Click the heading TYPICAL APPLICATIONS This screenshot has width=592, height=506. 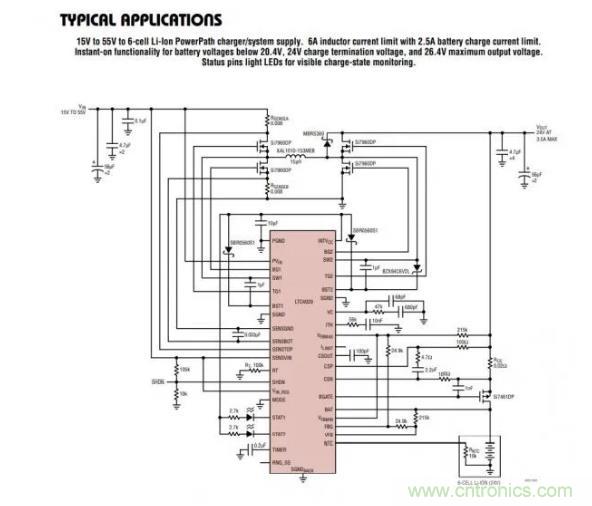click(140, 19)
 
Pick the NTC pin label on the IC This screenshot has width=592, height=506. click(326, 441)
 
